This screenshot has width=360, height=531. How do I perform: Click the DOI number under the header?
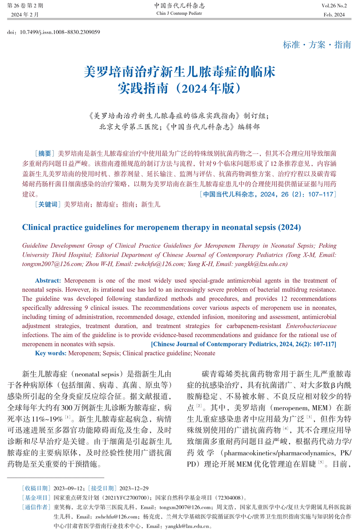(x=60, y=32)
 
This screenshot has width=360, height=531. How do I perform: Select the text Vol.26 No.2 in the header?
(x=334, y=6)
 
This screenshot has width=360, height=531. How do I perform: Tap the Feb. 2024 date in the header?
(x=334, y=15)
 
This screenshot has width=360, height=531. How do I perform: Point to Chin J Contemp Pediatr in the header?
(x=179, y=13)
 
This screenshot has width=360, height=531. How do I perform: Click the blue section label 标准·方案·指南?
(x=317, y=45)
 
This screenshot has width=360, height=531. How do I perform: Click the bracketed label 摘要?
(x=45, y=154)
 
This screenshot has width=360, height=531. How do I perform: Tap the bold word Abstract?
(x=48, y=281)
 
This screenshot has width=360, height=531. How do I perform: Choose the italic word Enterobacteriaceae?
(x=311, y=326)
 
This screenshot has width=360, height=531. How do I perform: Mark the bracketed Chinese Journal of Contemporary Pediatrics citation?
(x=244, y=344)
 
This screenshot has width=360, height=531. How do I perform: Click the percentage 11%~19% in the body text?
(x=48, y=419)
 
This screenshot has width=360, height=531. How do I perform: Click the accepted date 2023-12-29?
(x=134, y=488)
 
